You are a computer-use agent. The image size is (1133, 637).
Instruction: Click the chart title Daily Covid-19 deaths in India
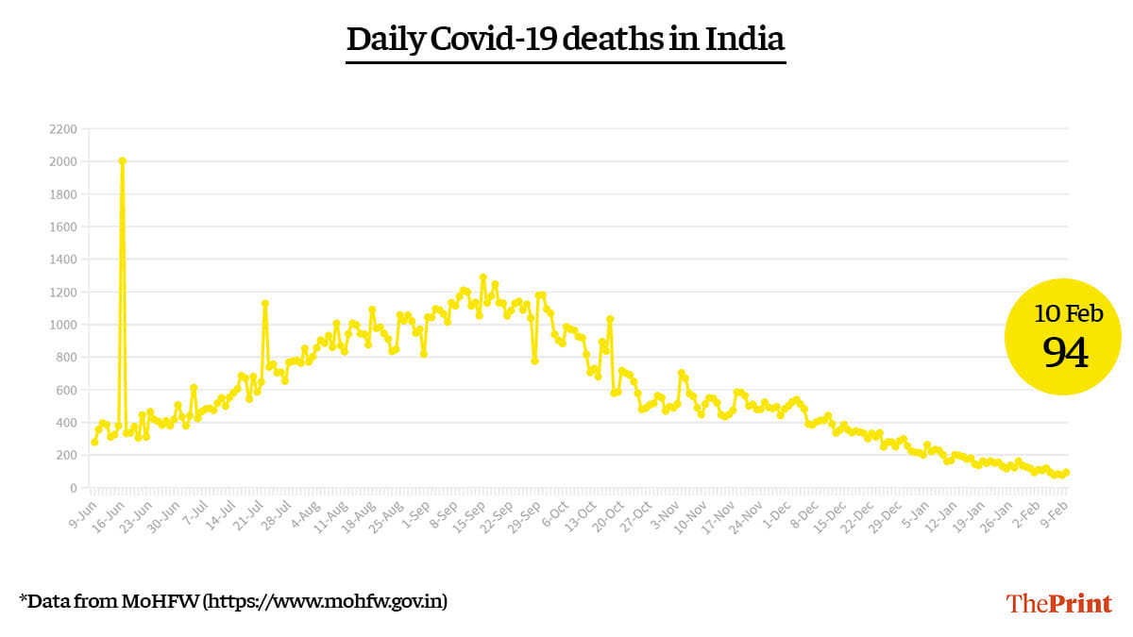pyautogui.click(x=566, y=41)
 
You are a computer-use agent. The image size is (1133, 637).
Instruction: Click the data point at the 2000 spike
pyautogui.click(x=122, y=161)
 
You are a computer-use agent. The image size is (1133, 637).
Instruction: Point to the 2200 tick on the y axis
pyautogui.click(x=63, y=129)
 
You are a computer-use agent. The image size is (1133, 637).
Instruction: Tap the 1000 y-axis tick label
pyautogui.click(x=63, y=325)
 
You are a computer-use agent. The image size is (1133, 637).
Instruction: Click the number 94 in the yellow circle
pyautogui.click(x=1065, y=354)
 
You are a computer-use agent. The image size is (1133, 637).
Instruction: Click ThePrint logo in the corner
pyautogui.click(x=1058, y=603)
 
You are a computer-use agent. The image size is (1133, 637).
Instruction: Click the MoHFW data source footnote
pyautogui.click(x=233, y=601)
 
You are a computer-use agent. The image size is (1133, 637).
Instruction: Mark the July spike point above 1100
pyautogui.click(x=265, y=304)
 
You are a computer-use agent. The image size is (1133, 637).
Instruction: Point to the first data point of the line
pyautogui.click(x=94, y=442)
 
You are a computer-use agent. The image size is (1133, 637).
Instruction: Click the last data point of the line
pyautogui.click(x=1066, y=472)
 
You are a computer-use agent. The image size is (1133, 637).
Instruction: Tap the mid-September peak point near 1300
pyautogui.click(x=482, y=277)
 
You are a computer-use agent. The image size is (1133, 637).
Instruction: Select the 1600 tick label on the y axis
pyautogui.click(x=63, y=227)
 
